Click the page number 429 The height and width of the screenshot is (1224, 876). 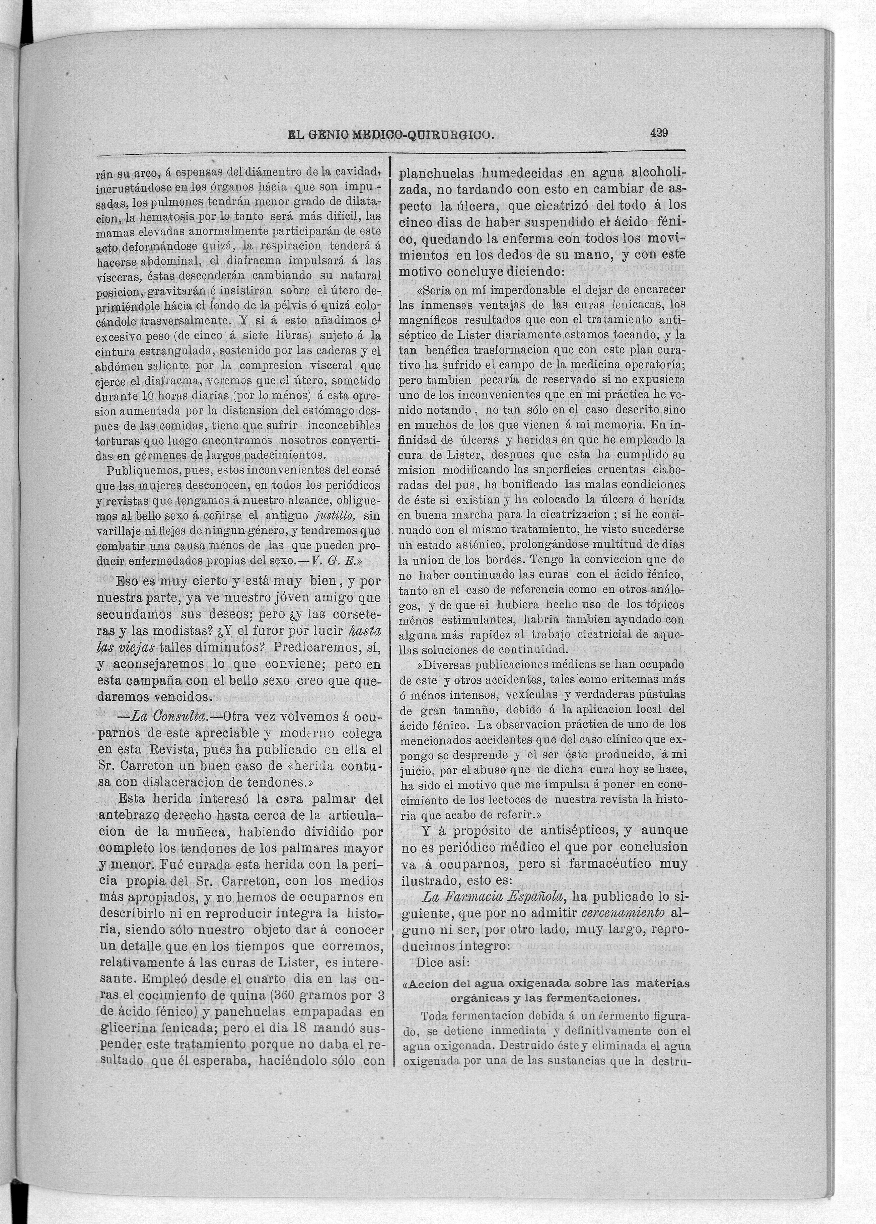(x=659, y=134)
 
